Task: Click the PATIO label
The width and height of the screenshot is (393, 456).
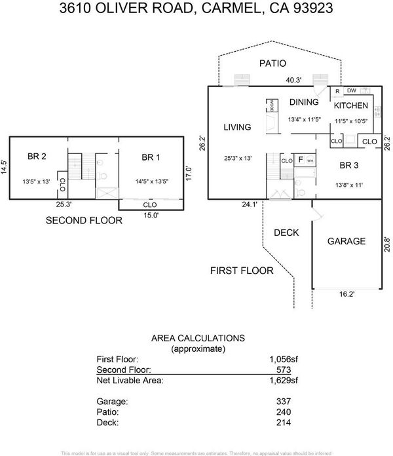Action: coord(273,64)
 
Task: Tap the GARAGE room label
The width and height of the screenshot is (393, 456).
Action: coord(346,241)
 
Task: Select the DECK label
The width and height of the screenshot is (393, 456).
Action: coord(286,233)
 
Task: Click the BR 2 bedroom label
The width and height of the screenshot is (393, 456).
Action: coord(37,157)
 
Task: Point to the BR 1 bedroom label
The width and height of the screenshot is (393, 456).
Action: coord(151,157)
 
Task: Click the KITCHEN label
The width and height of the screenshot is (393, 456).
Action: coord(351,105)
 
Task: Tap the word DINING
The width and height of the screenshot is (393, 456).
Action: coord(304,102)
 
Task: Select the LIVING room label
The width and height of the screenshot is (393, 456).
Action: coord(237,127)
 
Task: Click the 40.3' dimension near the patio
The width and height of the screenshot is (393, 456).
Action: coord(293,81)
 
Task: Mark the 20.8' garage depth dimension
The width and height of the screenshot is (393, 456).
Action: coord(387,243)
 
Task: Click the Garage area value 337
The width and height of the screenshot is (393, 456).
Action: coord(290,401)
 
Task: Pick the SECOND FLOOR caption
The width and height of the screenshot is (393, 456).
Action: coord(84,221)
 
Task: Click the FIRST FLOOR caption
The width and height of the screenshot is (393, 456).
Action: coord(242,270)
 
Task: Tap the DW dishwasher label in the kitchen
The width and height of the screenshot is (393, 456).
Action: coord(352,90)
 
